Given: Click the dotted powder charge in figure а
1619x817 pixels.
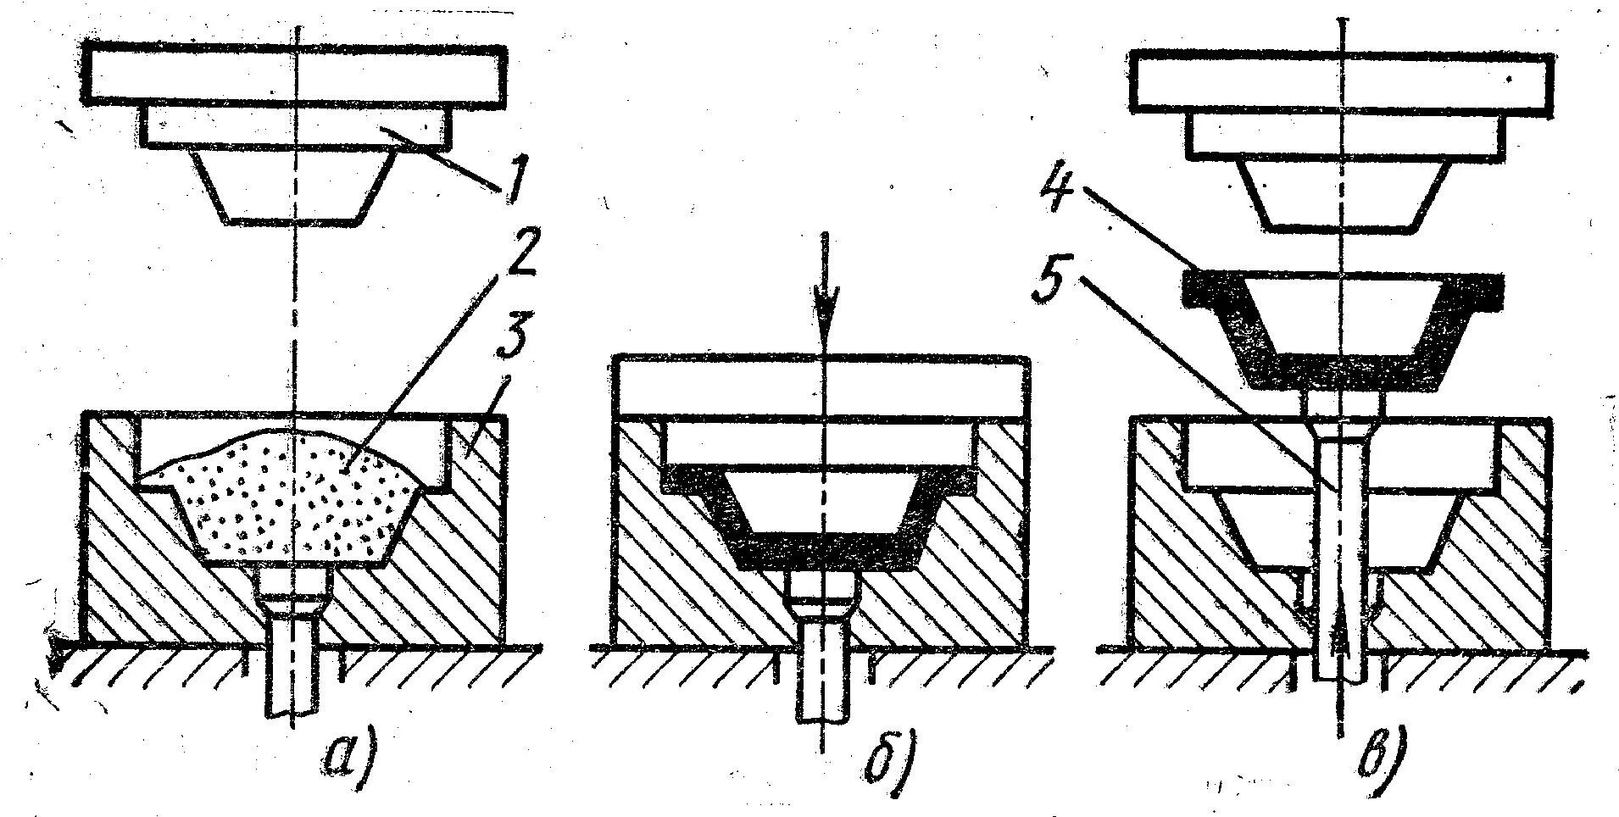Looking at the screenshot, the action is [x=288, y=500].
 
